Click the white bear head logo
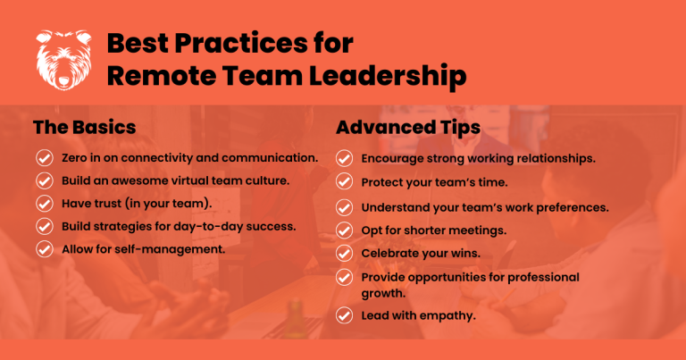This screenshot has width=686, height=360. [x=64, y=61]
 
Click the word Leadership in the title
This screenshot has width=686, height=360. [x=388, y=76]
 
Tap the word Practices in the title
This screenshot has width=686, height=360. [x=241, y=43]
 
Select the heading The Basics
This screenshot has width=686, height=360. [x=85, y=127]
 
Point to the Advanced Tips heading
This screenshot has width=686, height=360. [x=408, y=128]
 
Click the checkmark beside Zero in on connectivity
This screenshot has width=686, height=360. [x=44, y=158]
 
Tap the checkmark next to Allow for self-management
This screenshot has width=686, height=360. [x=44, y=249]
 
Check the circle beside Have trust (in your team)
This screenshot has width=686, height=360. [x=44, y=204]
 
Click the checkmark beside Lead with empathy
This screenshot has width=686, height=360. [x=344, y=315]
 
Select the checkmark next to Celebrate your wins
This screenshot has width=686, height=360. [x=344, y=254]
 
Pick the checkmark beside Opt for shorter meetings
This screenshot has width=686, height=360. [x=344, y=230]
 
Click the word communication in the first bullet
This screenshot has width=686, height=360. [x=270, y=158]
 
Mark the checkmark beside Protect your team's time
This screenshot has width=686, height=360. [x=344, y=181]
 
